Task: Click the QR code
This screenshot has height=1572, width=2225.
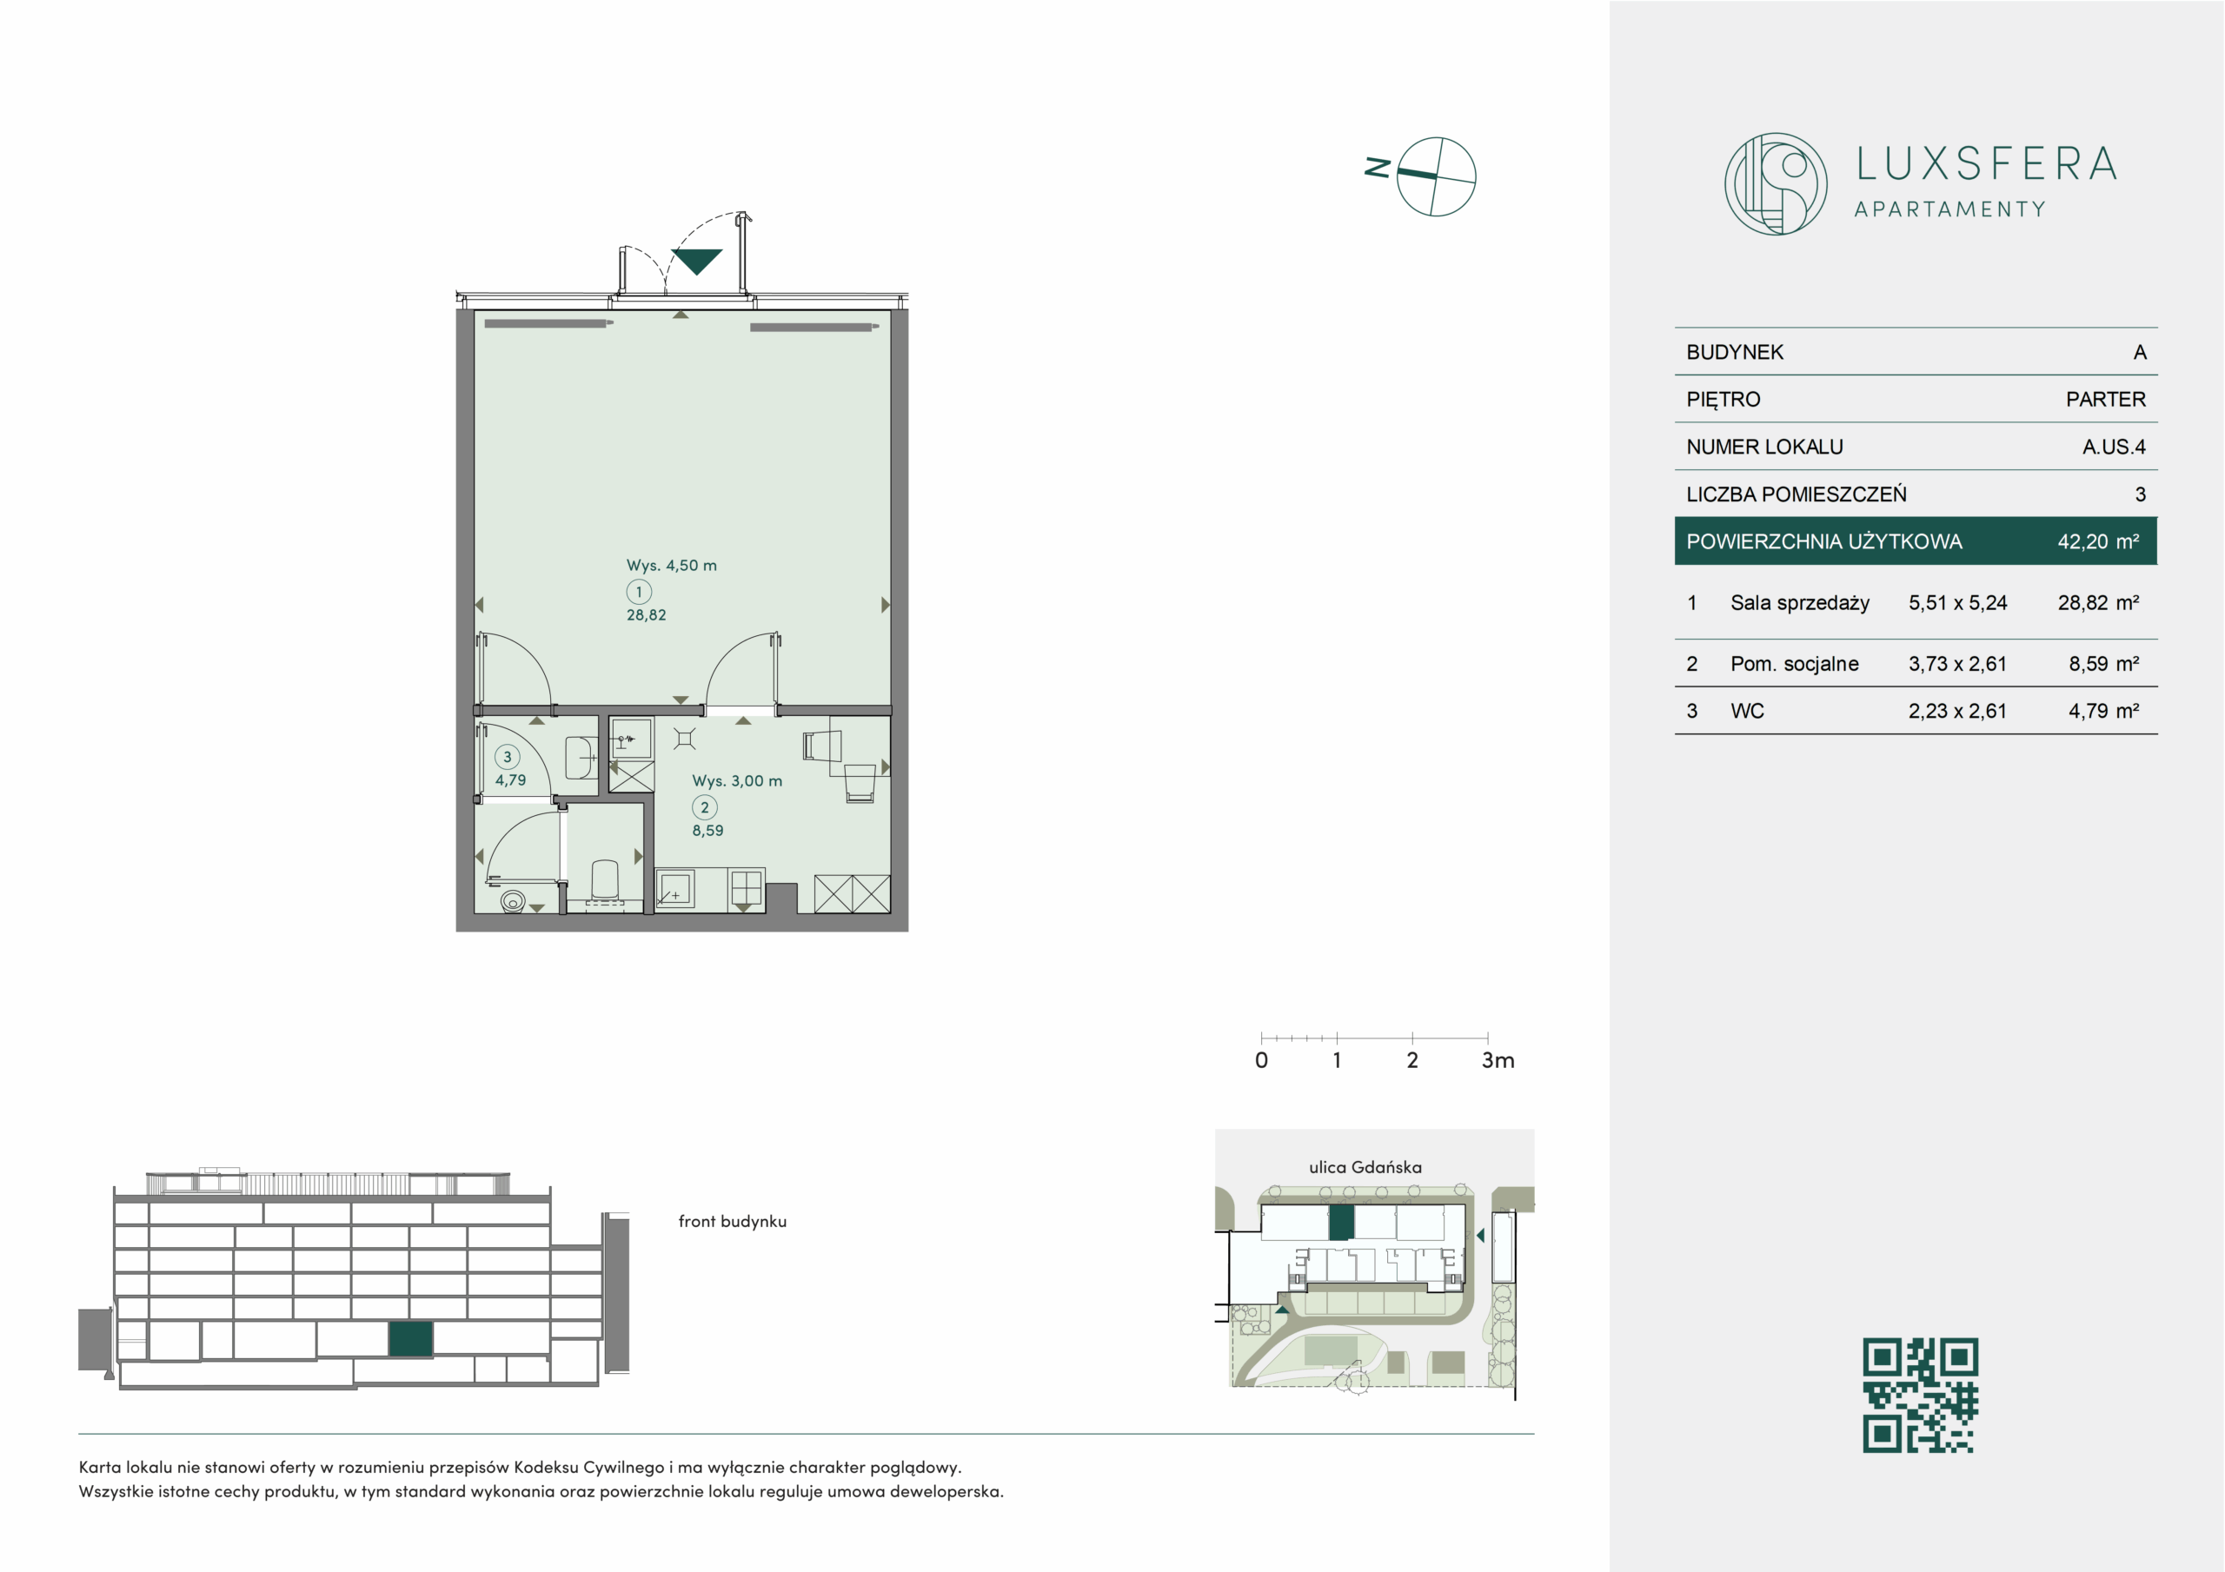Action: point(1920,1396)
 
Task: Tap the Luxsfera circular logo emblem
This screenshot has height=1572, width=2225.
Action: point(1776,184)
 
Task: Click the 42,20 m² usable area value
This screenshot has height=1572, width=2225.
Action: point(2098,541)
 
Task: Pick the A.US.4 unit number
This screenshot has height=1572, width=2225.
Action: point(2114,447)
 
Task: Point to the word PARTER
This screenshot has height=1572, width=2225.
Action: point(2106,399)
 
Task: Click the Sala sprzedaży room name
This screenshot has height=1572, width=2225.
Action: point(1800,603)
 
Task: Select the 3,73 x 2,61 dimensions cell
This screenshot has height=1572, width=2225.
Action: point(1957,664)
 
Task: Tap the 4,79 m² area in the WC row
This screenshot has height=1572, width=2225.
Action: point(2104,711)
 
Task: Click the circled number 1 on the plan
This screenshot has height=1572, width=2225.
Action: point(639,591)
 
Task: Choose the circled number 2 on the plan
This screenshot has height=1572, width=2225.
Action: point(705,807)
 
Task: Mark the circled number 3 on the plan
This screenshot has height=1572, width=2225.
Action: point(507,757)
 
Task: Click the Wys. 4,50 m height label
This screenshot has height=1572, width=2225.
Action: point(672,565)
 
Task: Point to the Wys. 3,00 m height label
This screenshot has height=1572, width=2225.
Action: point(736,781)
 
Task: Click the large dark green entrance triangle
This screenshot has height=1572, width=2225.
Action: point(697,261)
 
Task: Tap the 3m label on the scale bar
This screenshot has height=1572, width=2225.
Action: point(1498,1060)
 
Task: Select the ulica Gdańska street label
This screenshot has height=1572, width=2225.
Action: point(1365,1167)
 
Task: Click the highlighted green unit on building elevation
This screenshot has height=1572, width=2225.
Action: point(411,1338)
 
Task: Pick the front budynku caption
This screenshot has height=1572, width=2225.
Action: point(733,1221)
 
